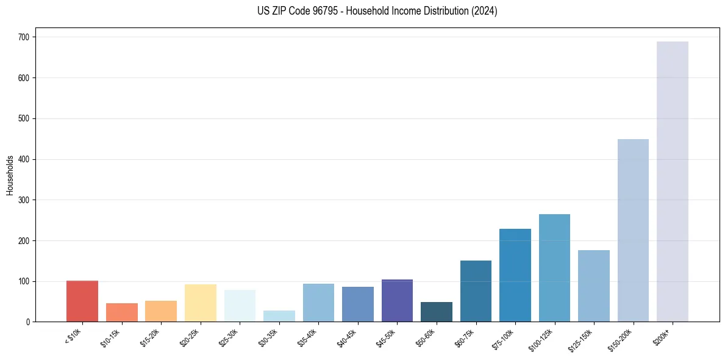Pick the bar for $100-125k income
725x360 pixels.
(554, 268)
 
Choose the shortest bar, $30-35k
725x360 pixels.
(279, 316)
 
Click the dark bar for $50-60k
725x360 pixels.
(437, 312)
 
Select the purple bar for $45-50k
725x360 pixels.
(397, 301)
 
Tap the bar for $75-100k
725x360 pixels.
(515, 275)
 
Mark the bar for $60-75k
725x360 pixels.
(476, 291)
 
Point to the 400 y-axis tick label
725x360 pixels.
(24, 159)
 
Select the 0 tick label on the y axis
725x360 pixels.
(28, 322)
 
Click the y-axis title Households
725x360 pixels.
(10, 175)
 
